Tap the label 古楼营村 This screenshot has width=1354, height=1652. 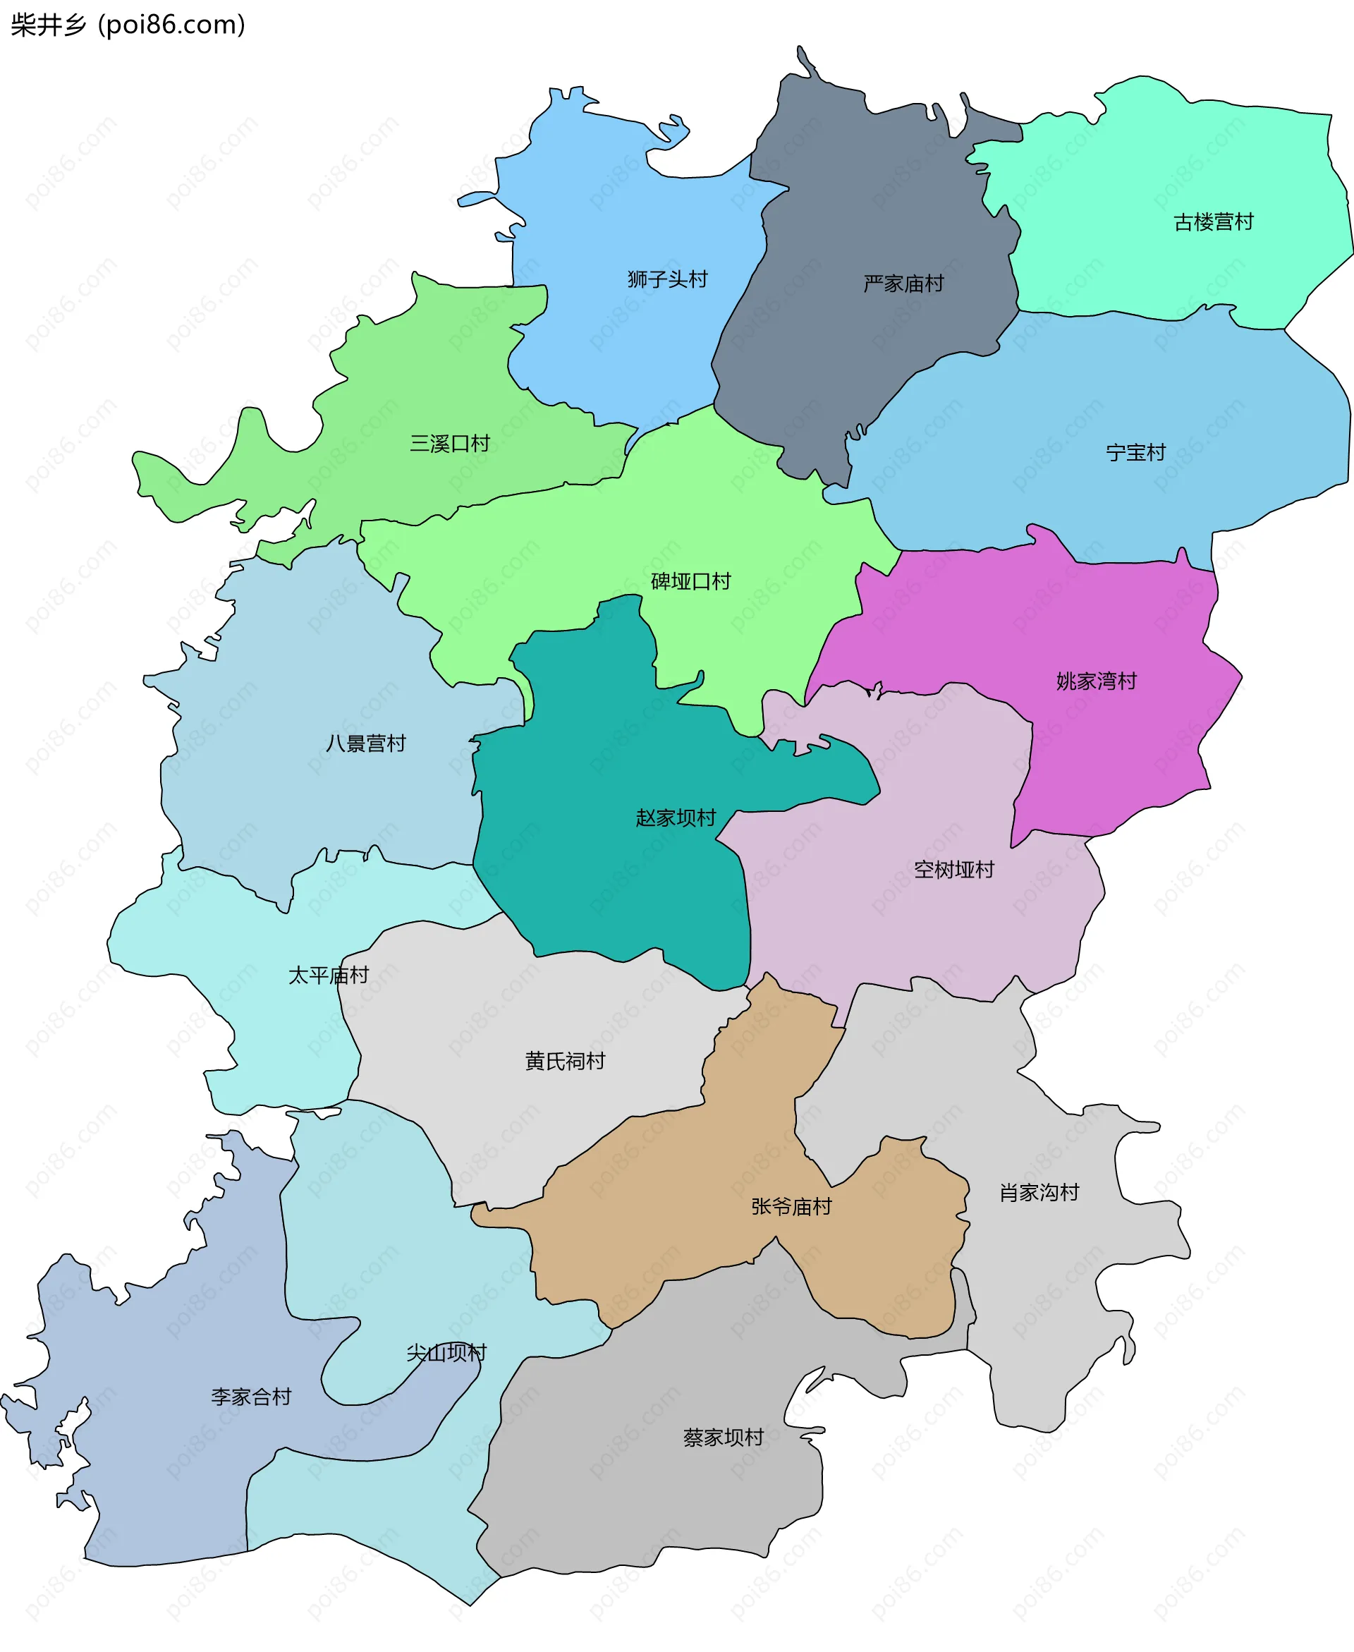(1213, 222)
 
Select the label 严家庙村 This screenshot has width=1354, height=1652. (903, 283)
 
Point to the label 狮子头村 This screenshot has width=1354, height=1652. (667, 279)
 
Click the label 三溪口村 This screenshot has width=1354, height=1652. (450, 444)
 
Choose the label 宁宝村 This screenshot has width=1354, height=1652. (1135, 452)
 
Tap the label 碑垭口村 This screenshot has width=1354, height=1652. (690, 581)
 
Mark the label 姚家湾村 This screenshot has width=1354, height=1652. (1096, 681)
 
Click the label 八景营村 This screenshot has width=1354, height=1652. (366, 743)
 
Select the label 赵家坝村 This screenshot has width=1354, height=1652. (676, 818)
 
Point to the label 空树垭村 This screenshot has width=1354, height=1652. (954, 870)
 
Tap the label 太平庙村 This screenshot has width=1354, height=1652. (329, 975)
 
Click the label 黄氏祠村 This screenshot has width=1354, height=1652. (565, 1061)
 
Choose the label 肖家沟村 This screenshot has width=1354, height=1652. (1039, 1193)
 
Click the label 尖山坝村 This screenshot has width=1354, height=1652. (446, 1352)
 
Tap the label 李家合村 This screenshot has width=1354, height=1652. (251, 1396)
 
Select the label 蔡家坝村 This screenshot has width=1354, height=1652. (723, 1438)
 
